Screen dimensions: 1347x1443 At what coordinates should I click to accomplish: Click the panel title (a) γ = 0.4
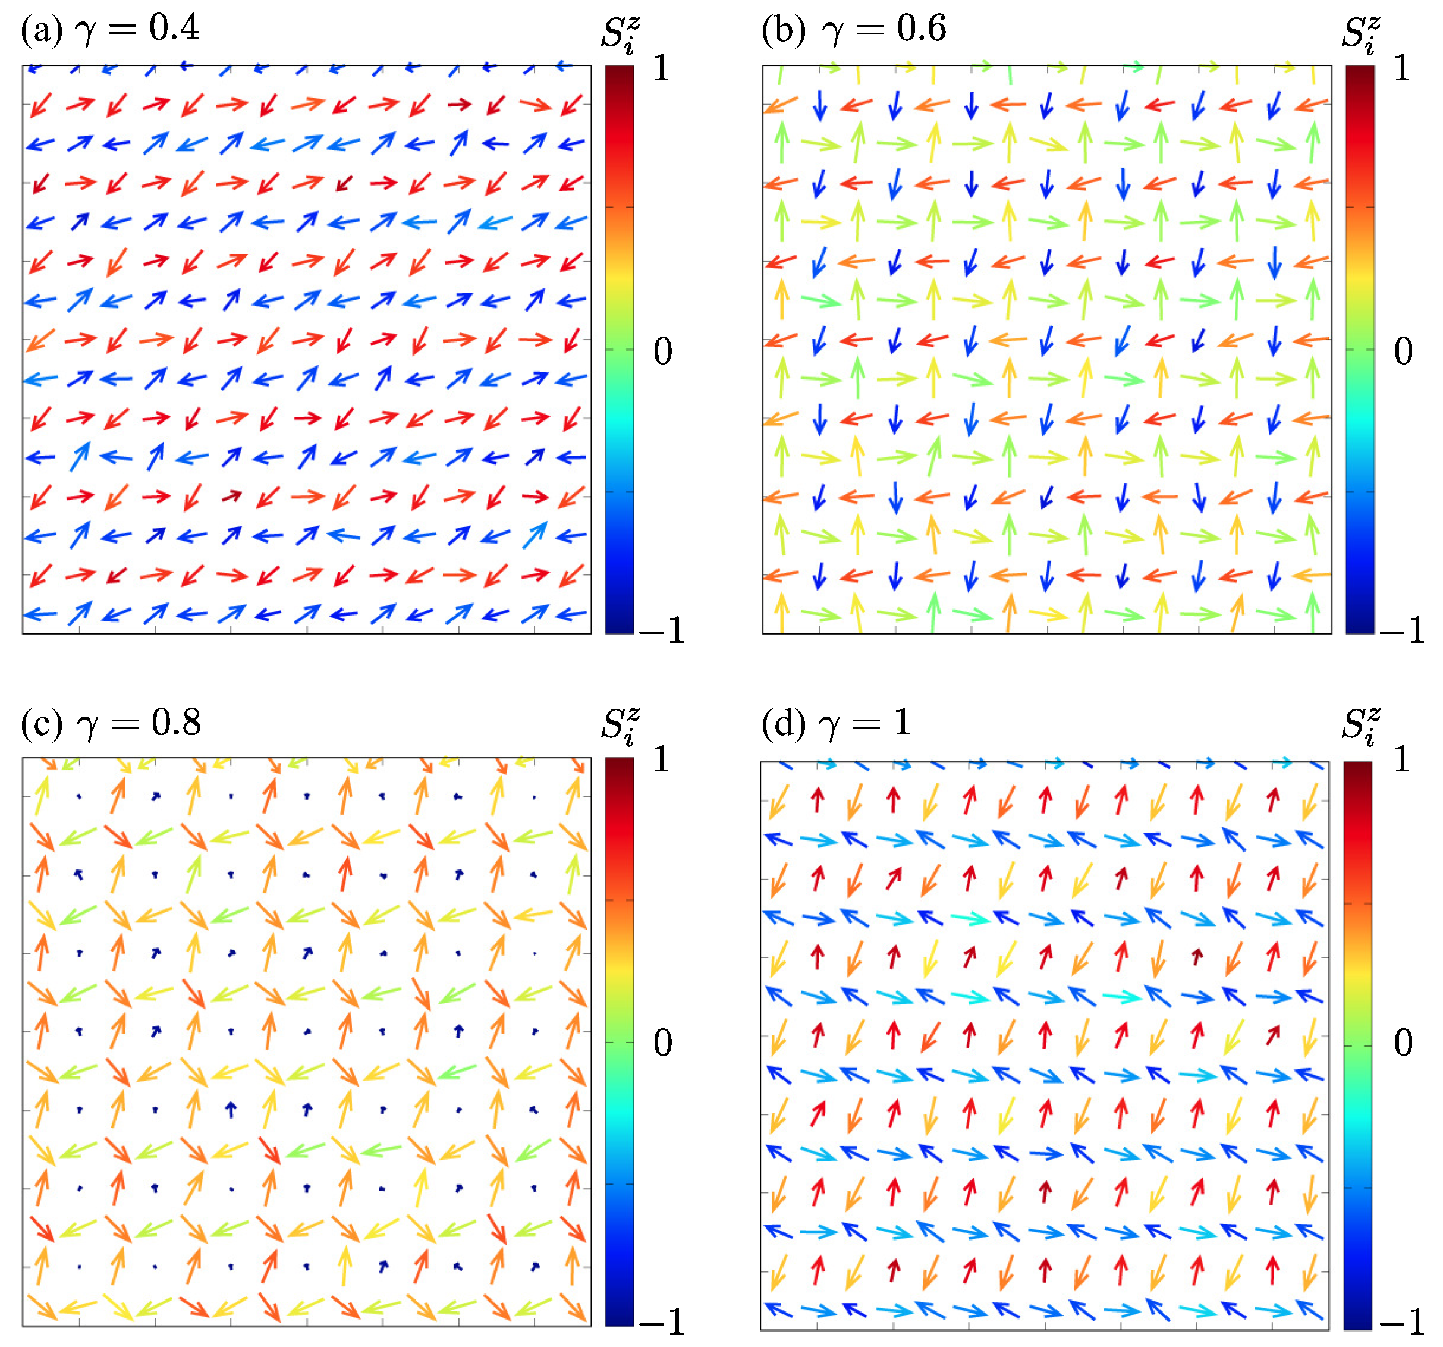[x=109, y=29]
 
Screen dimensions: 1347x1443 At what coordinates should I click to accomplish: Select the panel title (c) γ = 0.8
[x=111, y=723]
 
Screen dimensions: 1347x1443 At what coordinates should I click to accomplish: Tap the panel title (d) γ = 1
[x=835, y=723]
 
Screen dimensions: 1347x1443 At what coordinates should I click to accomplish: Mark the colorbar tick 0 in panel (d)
[x=1403, y=1043]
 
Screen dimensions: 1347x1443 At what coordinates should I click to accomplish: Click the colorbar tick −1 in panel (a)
[x=662, y=630]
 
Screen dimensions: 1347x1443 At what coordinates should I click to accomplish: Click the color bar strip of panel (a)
[x=619, y=348]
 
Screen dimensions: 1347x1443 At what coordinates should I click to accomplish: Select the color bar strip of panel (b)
[x=1360, y=348]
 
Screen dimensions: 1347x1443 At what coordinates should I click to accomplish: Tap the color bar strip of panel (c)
[x=619, y=1042]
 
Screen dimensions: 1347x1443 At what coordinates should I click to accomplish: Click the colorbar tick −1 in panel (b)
[x=1403, y=630]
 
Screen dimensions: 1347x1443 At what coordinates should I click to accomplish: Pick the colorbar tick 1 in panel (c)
[x=661, y=759]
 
